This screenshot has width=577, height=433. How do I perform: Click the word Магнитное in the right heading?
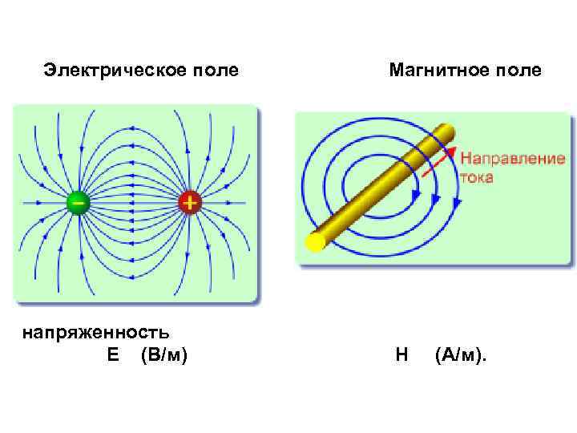coord(434,71)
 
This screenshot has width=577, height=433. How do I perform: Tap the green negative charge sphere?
coord(78,202)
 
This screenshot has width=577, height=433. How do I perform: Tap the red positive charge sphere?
coord(189,202)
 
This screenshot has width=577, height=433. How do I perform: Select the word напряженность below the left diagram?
coord(95,332)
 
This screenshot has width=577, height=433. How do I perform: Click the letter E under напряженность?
coord(112,354)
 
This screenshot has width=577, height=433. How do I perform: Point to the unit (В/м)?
coord(163,354)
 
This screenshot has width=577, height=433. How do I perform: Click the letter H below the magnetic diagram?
coord(401,354)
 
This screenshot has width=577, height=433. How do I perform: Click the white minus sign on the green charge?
coord(78,201)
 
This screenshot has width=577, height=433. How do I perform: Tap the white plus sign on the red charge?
coord(189,202)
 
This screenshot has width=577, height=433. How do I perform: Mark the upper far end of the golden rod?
coord(446,130)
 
